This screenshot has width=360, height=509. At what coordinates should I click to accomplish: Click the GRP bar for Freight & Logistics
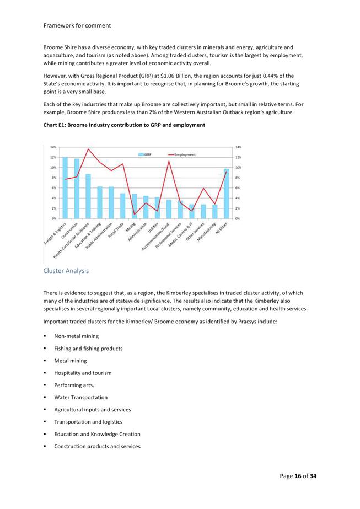65,187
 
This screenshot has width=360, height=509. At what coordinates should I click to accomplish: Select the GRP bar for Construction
77,189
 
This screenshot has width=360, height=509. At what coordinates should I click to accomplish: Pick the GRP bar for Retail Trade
123,206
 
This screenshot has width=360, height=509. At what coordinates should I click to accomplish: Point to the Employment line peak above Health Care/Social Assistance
88,149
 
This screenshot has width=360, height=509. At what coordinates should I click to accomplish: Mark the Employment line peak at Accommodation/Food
169,161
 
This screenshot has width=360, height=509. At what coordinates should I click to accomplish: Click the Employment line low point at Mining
135,214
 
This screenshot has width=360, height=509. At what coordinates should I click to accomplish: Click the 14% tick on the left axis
52,147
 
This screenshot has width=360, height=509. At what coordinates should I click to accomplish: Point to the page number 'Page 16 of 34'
298,475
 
